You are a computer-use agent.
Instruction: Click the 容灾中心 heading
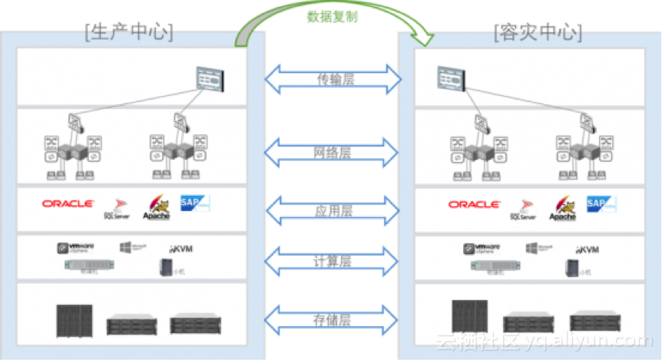click(537, 31)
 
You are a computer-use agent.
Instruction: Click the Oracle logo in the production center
click(68, 203)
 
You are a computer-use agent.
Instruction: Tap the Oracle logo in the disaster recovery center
click(474, 205)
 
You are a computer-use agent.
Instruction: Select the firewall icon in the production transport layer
click(209, 78)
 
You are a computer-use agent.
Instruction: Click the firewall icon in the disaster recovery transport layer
click(452, 77)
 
